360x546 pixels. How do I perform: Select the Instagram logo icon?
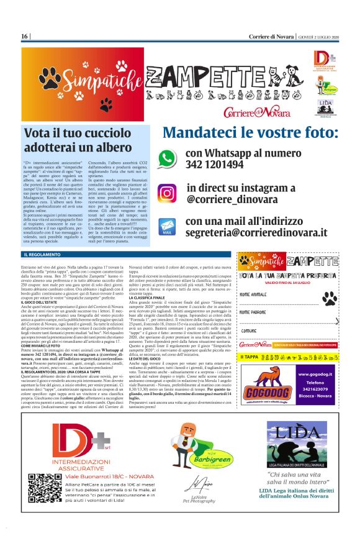(x=166, y=193)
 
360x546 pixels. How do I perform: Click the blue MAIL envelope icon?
(x=166, y=226)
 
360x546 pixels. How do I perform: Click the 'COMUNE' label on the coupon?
(x=250, y=330)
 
